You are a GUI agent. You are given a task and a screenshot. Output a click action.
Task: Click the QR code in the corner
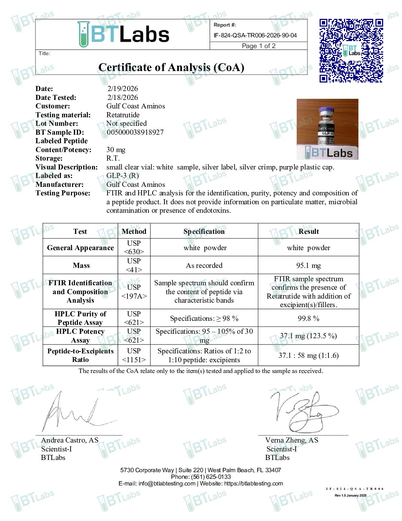point(351,50)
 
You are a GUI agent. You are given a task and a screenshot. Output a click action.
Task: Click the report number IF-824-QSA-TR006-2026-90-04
point(255,36)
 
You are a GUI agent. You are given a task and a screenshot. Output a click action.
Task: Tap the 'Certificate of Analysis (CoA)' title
point(171,67)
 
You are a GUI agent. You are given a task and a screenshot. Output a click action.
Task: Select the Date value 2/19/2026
point(123,88)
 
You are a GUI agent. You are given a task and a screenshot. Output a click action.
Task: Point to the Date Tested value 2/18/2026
point(123,97)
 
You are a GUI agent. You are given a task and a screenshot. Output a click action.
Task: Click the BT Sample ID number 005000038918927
point(135,132)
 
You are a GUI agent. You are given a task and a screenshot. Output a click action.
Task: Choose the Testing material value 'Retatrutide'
point(123,115)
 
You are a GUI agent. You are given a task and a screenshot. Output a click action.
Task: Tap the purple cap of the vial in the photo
point(327,111)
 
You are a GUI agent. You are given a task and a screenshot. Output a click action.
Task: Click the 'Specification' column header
point(204,231)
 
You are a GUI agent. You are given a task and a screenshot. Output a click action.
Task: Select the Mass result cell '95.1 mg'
point(309,265)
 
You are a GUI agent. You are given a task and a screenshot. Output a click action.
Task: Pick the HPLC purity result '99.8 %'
point(309,318)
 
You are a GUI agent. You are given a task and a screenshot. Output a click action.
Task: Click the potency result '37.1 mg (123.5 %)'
point(309,336)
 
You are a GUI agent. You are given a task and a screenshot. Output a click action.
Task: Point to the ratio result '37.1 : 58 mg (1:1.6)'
point(309,355)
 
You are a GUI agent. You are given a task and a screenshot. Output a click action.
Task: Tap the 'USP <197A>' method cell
point(134,292)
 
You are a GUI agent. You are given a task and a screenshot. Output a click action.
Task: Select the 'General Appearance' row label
point(80,248)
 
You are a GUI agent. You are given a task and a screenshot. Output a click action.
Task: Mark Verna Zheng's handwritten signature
point(301,411)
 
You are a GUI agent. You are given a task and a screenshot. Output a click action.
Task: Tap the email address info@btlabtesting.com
point(167,483)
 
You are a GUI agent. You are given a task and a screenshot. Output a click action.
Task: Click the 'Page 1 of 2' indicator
point(259,46)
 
